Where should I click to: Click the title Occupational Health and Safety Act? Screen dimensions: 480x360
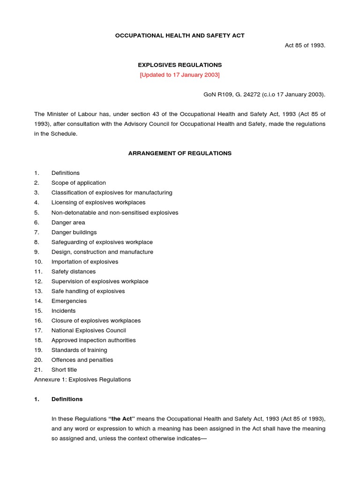180,36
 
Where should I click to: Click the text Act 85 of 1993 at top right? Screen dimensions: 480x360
305,45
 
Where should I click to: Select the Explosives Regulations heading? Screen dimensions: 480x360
180,65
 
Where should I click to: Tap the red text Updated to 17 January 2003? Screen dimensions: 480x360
180,75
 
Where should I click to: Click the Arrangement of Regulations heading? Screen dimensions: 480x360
180,153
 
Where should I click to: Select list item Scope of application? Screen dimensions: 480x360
78,183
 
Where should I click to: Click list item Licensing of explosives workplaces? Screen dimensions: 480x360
98,202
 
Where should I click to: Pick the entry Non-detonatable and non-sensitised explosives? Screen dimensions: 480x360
115,212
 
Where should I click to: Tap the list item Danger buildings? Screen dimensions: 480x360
74,232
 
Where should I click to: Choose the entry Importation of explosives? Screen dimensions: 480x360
85,262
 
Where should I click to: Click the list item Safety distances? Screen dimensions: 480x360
73,271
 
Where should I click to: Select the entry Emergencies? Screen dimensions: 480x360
69,301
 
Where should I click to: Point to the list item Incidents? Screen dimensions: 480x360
63,311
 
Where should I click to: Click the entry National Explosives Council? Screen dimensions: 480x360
89,330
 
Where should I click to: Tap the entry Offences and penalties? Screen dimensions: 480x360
82,360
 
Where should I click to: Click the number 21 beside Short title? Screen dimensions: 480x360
38,370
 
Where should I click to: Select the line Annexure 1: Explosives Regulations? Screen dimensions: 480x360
82,380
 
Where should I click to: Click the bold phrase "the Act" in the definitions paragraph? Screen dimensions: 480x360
125,419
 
